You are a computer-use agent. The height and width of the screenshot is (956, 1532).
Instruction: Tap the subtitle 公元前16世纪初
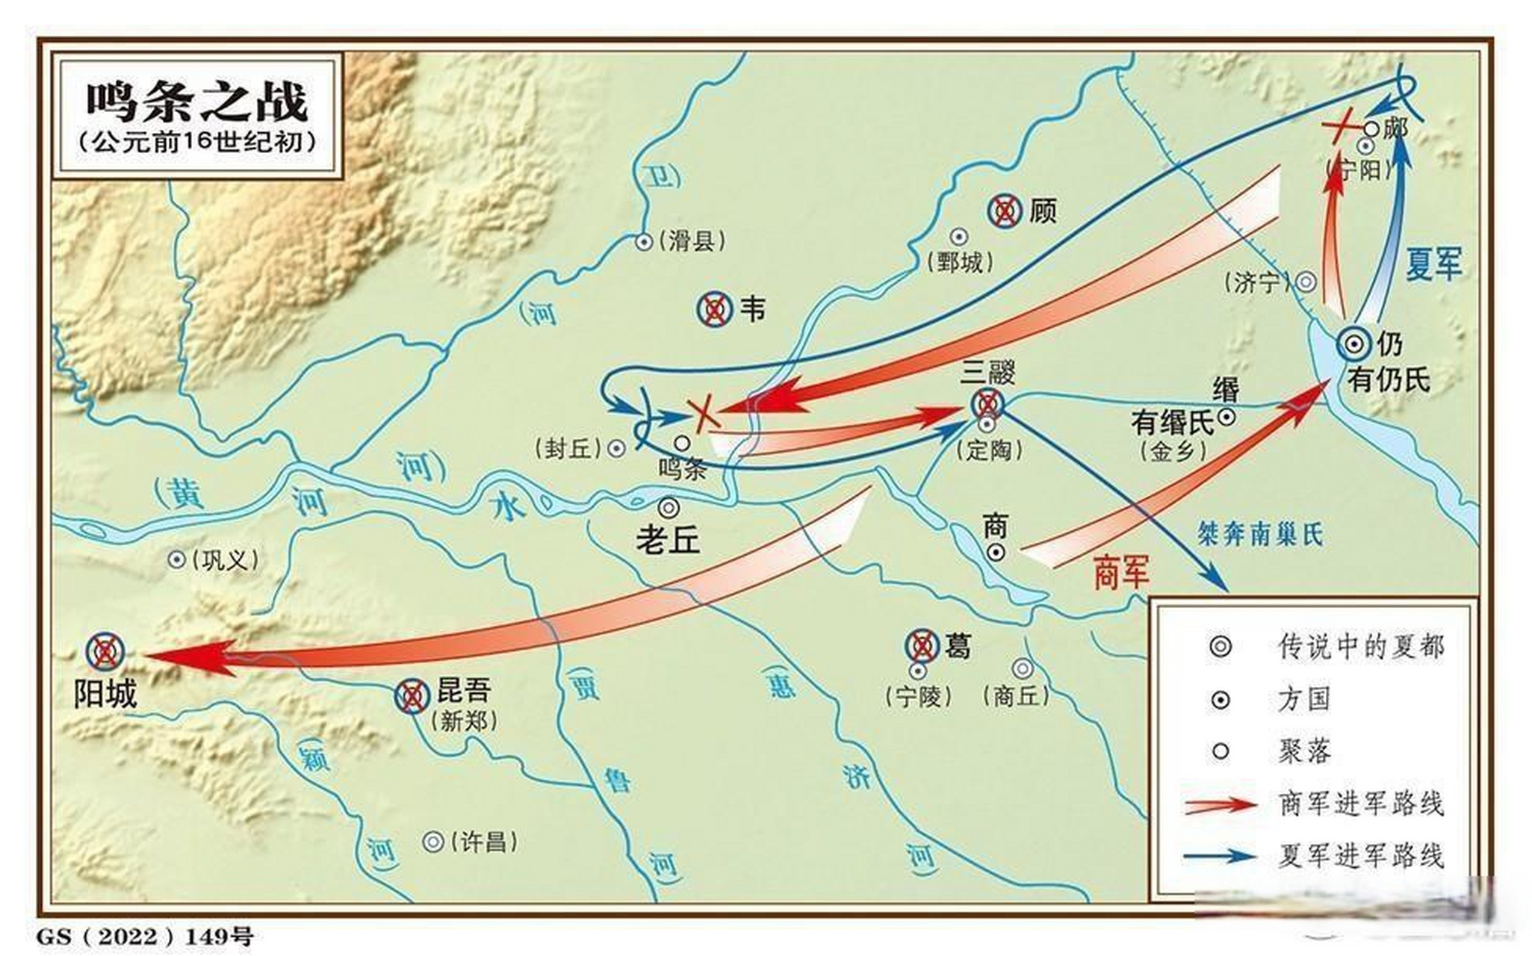[197, 143]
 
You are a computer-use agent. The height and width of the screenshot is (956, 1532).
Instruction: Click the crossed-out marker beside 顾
[1005, 211]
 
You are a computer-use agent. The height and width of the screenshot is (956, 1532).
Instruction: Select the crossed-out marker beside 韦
[714, 308]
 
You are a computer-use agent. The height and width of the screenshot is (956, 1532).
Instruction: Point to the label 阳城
[105, 695]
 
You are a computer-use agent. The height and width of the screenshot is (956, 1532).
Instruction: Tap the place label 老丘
[668, 539]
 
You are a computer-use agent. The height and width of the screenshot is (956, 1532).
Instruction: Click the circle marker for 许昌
[433, 842]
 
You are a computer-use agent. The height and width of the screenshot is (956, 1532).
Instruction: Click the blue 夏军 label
[1433, 264]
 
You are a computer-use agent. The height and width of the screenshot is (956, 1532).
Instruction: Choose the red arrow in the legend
[1221, 804]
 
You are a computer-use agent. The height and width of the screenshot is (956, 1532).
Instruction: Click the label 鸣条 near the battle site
[683, 469]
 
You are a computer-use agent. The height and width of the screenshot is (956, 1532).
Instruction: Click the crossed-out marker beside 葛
[922, 645]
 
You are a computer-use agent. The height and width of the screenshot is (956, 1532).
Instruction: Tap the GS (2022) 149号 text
[145, 936]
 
